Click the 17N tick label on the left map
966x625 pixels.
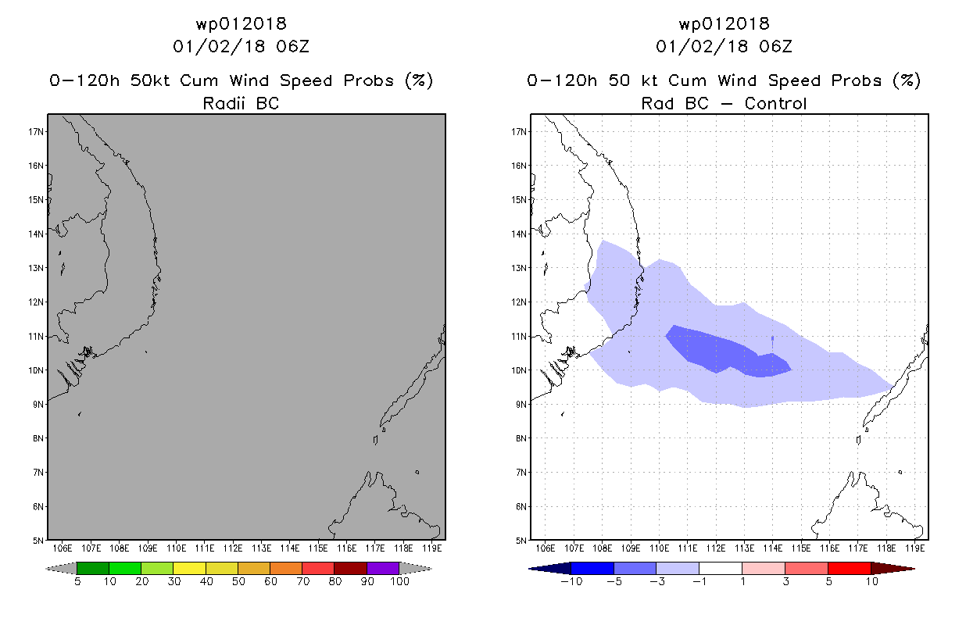pyautogui.click(x=36, y=131)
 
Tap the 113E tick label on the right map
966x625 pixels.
pyautogui.click(x=744, y=548)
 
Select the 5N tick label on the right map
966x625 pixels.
pyautogui.click(x=521, y=541)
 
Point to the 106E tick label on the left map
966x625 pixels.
pyautogui.click(x=62, y=548)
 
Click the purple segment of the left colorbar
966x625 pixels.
pyautogui.click(x=383, y=568)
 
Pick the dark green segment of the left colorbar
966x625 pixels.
pyautogui.click(x=93, y=568)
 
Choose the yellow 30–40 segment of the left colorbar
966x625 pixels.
pyautogui.click(x=189, y=568)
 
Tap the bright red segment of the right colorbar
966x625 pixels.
pyautogui.click(x=850, y=568)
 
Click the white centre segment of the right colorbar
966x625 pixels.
pyautogui.click(x=721, y=568)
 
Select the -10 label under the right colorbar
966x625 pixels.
pyautogui.click(x=571, y=581)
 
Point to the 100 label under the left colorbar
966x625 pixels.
pyautogui.click(x=400, y=581)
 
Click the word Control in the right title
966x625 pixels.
pyautogui.click(x=775, y=103)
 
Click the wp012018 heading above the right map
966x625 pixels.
pyautogui.click(x=724, y=23)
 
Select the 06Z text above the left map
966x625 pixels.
pyautogui.click(x=293, y=46)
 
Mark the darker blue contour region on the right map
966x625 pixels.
pyautogui.click(x=724, y=352)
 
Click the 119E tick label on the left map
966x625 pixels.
pyautogui.click(x=431, y=548)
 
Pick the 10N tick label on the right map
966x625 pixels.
pyautogui.click(x=519, y=370)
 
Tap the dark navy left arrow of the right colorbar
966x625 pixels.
pyautogui.click(x=550, y=569)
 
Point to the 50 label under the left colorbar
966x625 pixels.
pyautogui.click(x=238, y=581)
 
